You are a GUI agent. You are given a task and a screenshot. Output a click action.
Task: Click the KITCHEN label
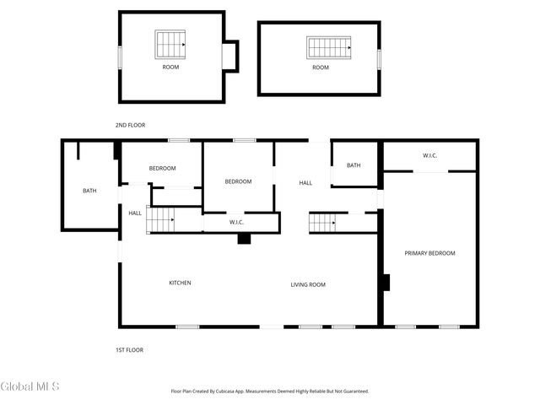click(180, 283)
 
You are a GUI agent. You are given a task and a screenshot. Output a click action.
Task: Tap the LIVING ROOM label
click(308, 284)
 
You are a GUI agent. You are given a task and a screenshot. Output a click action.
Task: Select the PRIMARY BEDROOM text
click(429, 253)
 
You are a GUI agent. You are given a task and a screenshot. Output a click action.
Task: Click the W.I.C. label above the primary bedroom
click(429, 155)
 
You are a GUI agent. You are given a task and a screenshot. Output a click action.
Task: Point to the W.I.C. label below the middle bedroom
click(237, 222)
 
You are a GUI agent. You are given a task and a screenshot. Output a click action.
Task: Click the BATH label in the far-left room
click(89, 191)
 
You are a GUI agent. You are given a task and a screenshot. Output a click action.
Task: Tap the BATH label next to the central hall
click(354, 165)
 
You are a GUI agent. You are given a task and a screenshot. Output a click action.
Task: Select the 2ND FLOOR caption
click(130, 125)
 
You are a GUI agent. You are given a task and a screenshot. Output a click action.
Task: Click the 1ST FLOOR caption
click(129, 349)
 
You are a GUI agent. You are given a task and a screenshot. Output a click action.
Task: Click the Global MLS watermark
click(30, 386)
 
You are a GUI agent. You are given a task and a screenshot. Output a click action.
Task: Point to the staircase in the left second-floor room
click(170, 42)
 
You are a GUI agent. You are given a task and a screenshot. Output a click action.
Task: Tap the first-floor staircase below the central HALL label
click(322, 223)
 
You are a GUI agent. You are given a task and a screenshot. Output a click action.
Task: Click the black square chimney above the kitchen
click(244, 239)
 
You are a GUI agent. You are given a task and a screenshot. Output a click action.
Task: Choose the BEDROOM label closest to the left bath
click(162, 168)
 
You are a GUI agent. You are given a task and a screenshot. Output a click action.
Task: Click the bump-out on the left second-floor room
click(230, 56)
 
